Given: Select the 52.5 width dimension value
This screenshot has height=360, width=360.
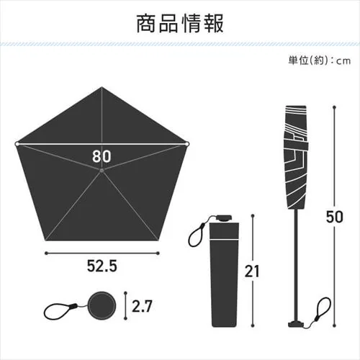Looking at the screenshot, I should coord(101,266).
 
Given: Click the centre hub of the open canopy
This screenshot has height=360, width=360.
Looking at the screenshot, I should coord(102,170).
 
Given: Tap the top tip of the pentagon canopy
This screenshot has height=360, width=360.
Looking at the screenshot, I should coord(102,88).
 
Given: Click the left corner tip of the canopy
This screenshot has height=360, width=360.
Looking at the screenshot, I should coord(16,144).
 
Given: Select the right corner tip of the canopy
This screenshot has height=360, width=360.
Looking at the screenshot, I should coord(188,144).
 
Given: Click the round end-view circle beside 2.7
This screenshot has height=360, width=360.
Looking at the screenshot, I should coord(101,305).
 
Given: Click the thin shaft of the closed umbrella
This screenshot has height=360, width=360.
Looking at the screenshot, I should coord(295,259).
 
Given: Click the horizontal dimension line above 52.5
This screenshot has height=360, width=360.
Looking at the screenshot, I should coord(101,252).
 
